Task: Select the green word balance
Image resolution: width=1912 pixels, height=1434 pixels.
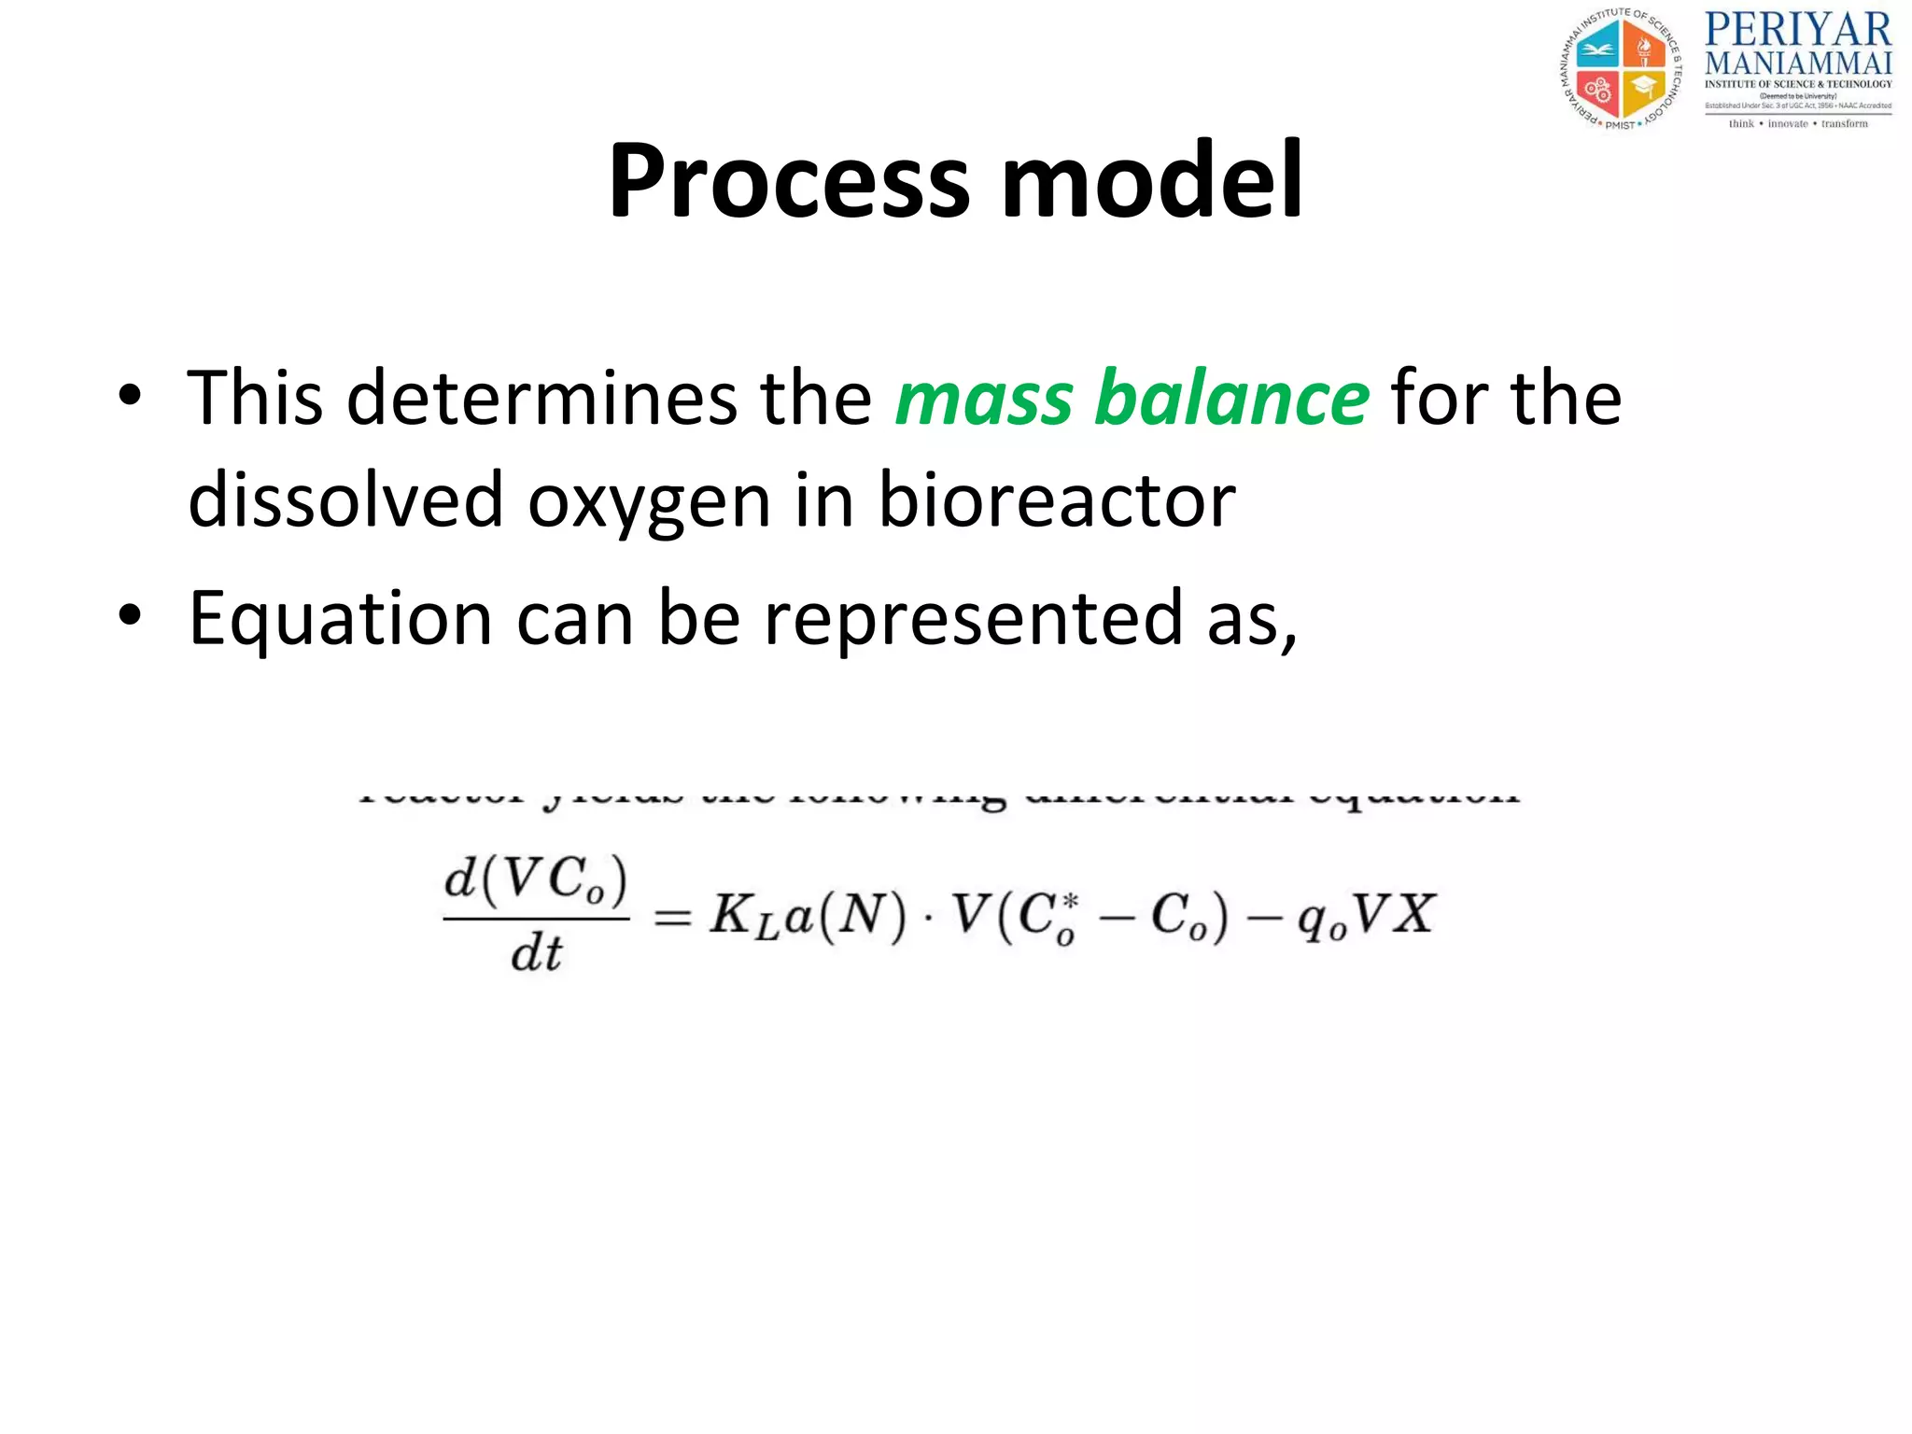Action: tap(1231, 399)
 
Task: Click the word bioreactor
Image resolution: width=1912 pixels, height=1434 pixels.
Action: tap(1057, 500)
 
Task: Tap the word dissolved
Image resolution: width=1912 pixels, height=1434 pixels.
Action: tap(346, 500)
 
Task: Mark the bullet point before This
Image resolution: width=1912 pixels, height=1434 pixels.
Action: tap(130, 396)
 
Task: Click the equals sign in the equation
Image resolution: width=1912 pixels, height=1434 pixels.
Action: tap(672, 918)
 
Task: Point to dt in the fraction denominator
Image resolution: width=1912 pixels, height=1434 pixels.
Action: tap(537, 954)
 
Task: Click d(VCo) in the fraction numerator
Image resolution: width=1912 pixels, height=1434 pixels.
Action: tap(536, 880)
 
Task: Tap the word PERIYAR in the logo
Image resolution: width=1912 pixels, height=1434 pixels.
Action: tap(1797, 30)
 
